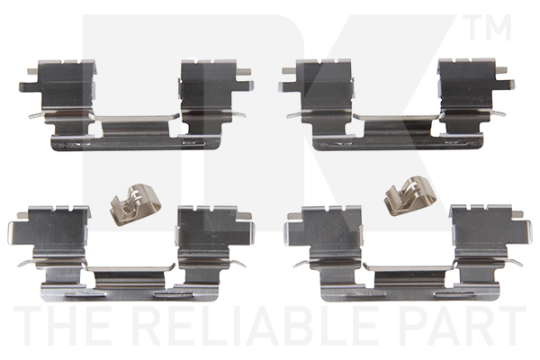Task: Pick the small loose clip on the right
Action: pos(409,196)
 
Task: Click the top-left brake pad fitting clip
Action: pos(136,104)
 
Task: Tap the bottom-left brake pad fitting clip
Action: pos(131,253)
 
